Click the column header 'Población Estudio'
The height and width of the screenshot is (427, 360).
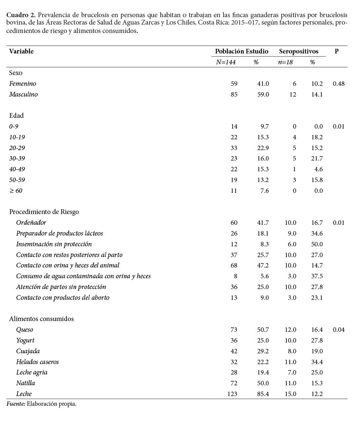click(x=241, y=51)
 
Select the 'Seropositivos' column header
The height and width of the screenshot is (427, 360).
click(x=298, y=51)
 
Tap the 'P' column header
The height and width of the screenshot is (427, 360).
click(x=336, y=51)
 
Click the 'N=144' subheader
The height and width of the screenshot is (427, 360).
click(x=226, y=62)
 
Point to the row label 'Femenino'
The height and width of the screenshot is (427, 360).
click(x=23, y=84)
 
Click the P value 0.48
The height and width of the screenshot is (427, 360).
click(x=338, y=84)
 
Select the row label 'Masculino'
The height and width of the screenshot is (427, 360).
click(x=23, y=95)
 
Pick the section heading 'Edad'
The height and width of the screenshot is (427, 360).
click(x=16, y=116)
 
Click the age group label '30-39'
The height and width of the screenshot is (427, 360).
click(x=17, y=158)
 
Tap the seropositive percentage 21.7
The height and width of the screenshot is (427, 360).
click(x=317, y=158)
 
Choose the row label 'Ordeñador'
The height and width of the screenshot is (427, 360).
click(x=31, y=223)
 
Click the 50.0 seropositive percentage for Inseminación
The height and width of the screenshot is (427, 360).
click(x=317, y=244)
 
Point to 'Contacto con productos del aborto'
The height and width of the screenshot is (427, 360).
click(x=63, y=298)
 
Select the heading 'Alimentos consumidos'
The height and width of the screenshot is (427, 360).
click(x=41, y=319)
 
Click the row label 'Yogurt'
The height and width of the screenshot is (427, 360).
click(x=25, y=341)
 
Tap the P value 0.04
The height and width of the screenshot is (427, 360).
click(x=338, y=330)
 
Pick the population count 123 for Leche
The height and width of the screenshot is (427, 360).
click(x=232, y=394)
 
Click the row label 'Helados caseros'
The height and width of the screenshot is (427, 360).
click(x=37, y=362)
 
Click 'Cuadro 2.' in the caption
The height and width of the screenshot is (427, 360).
click(x=21, y=15)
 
